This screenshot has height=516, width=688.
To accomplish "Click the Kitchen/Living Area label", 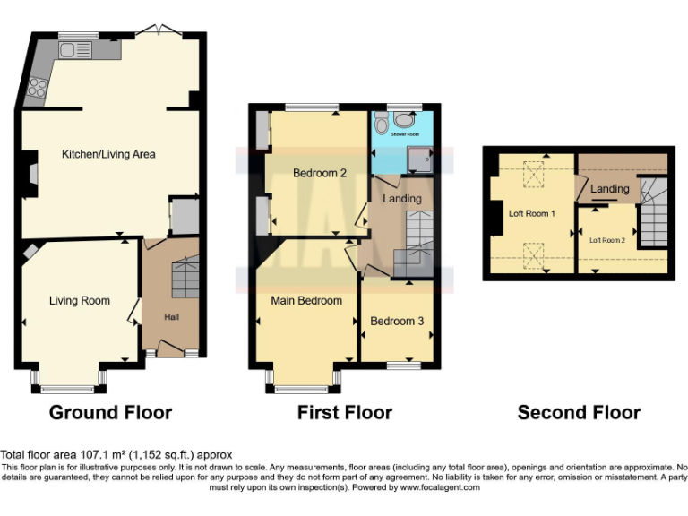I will [108, 154].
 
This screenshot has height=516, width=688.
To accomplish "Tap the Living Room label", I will [80, 301].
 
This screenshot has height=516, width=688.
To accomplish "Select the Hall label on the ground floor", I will [171, 317].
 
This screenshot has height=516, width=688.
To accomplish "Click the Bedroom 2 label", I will [320, 173].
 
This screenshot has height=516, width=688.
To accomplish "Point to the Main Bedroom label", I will [306, 301].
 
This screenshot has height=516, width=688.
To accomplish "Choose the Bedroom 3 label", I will [397, 321].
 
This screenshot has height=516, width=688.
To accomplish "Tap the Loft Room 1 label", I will [533, 214].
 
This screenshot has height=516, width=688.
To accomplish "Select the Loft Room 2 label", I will [606, 240].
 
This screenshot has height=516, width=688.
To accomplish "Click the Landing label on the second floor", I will [610, 189].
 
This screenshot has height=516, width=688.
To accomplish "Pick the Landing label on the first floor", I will [401, 198].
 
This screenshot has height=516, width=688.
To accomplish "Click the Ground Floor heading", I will [110, 413].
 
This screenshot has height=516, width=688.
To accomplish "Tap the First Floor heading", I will [345, 413].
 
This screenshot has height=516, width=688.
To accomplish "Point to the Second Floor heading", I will [579, 413].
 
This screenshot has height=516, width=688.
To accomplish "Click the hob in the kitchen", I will [39, 87].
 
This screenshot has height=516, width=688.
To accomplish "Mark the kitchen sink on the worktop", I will [70, 50].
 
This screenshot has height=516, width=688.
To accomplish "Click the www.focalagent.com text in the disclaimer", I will [440, 488].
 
